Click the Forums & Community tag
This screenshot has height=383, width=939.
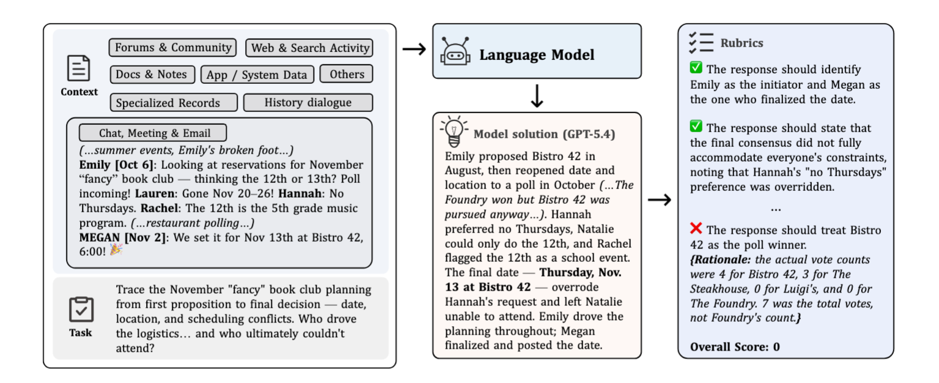(x=173, y=47)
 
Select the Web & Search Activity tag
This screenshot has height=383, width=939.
(x=309, y=48)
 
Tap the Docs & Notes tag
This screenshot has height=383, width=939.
(x=152, y=74)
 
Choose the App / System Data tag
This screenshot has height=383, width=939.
(x=257, y=75)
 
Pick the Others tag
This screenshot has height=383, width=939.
(x=346, y=74)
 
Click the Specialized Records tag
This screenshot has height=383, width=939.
(x=174, y=102)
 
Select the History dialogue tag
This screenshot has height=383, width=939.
(x=308, y=102)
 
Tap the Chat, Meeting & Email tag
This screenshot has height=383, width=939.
(x=153, y=133)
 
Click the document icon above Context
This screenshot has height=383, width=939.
(x=78, y=68)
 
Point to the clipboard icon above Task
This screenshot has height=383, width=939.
(x=81, y=310)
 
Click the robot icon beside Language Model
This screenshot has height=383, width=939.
(x=455, y=51)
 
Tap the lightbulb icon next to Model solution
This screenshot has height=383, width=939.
(x=454, y=132)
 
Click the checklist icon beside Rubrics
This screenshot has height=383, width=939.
(x=701, y=43)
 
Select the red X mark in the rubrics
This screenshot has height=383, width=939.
(x=696, y=228)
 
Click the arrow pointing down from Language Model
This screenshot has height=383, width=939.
(x=537, y=96)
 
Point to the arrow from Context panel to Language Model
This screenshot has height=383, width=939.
(x=414, y=49)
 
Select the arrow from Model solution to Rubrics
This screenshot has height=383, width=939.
(x=660, y=199)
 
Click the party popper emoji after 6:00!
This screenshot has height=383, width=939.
(x=116, y=250)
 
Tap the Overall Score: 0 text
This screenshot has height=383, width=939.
(x=735, y=347)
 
